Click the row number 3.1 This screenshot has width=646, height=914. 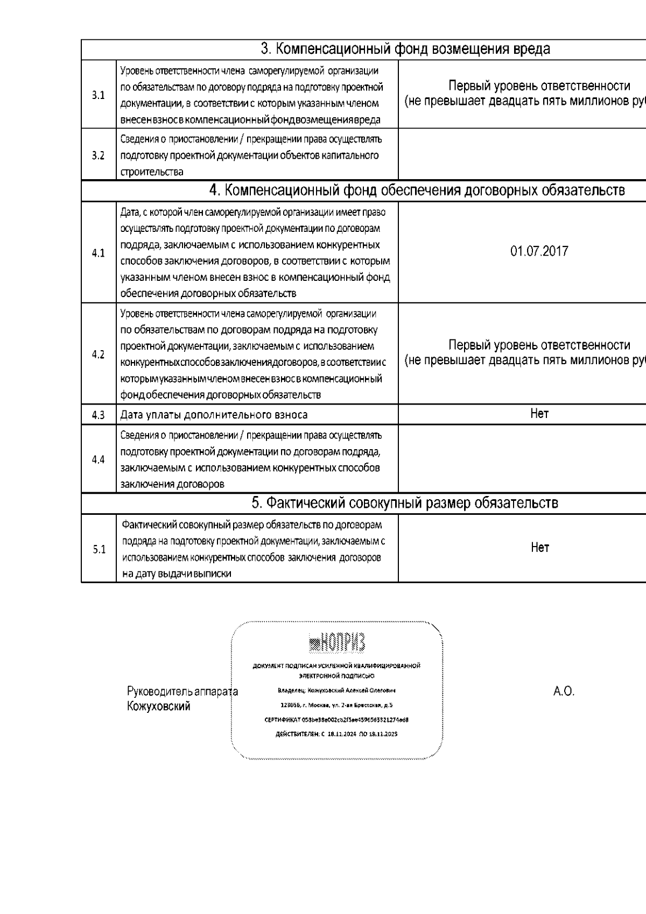click(98, 95)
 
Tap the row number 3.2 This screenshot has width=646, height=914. click(98, 155)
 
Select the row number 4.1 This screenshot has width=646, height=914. click(98, 253)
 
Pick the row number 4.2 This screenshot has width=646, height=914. click(98, 355)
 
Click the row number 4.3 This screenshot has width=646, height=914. click(98, 415)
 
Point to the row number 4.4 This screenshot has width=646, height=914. click(98, 459)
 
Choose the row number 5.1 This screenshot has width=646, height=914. click(99, 549)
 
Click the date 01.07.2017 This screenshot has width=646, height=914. click(539, 251)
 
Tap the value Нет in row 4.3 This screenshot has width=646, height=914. click(539, 413)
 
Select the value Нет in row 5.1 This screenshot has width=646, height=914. click(539, 547)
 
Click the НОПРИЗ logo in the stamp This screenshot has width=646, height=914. click(337, 641)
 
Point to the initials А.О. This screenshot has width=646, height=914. click(564, 691)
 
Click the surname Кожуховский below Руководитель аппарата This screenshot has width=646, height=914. click(158, 706)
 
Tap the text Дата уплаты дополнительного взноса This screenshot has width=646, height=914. click(214, 415)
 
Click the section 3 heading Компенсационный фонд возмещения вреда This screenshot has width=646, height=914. click(405, 49)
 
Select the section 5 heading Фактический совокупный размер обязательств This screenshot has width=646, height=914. click(405, 503)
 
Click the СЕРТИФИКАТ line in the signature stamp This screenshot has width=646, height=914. click(336, 720)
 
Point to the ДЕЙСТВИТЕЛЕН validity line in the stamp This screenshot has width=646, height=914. click(336, 734)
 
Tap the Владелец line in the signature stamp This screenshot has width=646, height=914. click(336, 690)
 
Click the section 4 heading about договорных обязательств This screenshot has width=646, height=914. click(417, 190)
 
